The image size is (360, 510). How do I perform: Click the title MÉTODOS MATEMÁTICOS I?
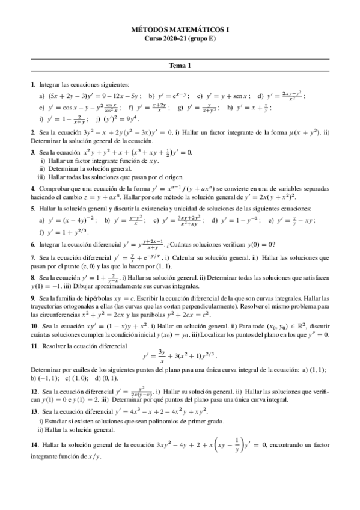click(180, 28)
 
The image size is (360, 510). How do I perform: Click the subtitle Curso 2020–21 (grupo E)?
click(180, 38)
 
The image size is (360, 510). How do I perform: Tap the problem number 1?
click(32, 85)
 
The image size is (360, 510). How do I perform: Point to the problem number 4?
click(32, 188)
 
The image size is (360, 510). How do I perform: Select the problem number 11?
click(34, 346)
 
